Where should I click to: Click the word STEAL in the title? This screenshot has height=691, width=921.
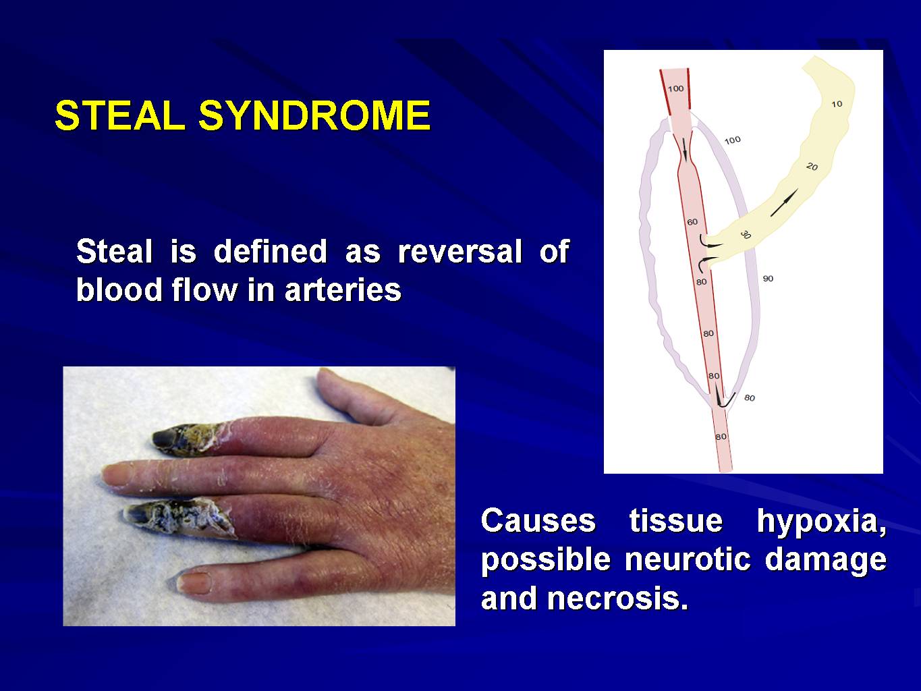[120, 115]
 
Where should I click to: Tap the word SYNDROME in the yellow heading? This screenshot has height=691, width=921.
[314, 115]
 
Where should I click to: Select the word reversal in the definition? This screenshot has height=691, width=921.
[460, 251]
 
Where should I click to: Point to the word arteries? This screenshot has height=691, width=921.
[343, 290]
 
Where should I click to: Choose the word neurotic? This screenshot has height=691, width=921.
[688, 559]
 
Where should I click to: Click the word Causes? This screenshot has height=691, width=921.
[538, 521]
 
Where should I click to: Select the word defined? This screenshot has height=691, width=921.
[270, 251]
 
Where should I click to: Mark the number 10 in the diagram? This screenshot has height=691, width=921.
[837, 104]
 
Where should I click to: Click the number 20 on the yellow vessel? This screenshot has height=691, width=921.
[812, 167]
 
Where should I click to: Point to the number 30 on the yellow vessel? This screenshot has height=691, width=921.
[745, 235]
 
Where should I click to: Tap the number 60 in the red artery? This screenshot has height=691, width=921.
[692, 222]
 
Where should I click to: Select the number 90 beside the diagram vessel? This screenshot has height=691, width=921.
[768, 279]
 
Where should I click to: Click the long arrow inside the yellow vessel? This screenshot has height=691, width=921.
[784, 202]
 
